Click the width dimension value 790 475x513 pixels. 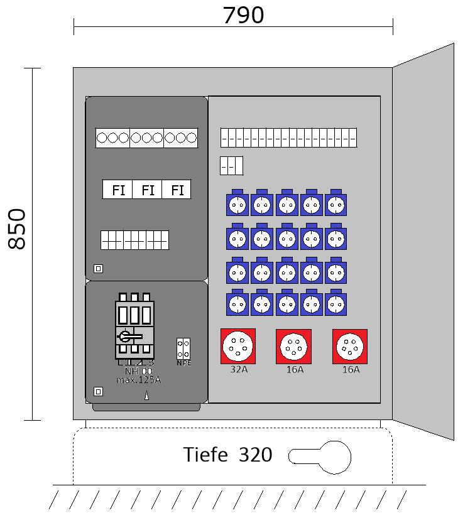(x=243, y=15)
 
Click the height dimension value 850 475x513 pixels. (x=17, y=229)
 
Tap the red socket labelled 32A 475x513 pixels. (x=238, y=346)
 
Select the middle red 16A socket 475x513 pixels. (x=293, y=346)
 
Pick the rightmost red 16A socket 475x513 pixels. (x=350, y=346)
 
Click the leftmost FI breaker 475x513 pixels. (x=118, y=190)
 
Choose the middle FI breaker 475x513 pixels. (x=148, y=190)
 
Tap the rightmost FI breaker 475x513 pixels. (x=177, y=190)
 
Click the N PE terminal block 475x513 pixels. (x=183, y=350)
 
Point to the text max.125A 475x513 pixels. (x=139, y=379)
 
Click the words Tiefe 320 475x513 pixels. (x=227, y=455)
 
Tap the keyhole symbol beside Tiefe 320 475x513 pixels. (x=320, y=456)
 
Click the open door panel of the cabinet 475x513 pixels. (x=423, y=242)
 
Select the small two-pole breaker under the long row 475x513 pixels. (x=231, y=166)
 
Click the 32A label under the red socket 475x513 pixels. (x=239, y=370)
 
